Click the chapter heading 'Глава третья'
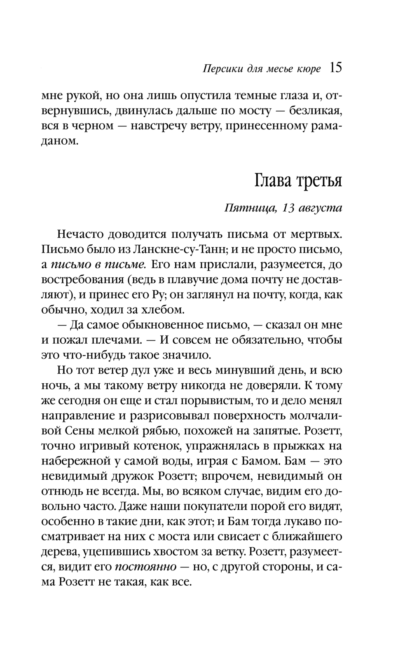pyautogui.click(x=297, y=180)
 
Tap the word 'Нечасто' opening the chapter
pyautogui.click(x=80, y=234)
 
